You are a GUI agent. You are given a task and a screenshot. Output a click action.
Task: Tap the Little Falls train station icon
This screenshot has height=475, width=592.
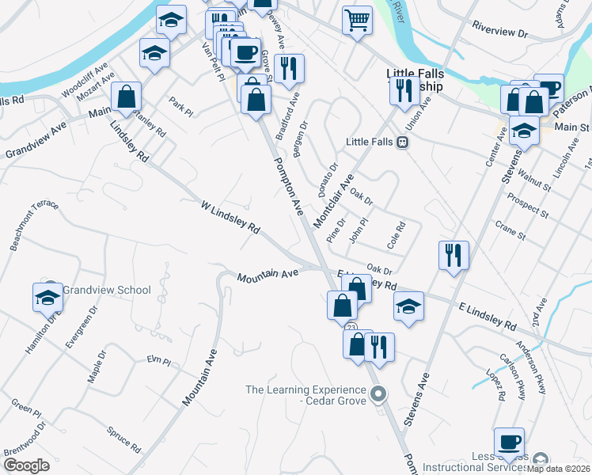point(402,142)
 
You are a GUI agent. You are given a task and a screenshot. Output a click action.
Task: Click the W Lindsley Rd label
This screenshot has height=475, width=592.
point(230,217)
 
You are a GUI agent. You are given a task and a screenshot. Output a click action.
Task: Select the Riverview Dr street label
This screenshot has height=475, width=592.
point(499,33)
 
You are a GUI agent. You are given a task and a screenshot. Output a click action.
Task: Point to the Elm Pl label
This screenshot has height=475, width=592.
point(159,361)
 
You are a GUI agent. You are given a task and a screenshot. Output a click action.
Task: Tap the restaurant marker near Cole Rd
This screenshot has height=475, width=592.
point(454,255)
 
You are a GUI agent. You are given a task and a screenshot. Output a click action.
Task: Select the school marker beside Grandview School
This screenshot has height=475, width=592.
point(47,297)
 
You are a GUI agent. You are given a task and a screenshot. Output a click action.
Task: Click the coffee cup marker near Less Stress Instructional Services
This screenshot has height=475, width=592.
point(509,442)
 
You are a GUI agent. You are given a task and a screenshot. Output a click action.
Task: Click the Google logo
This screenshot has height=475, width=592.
point(27,465)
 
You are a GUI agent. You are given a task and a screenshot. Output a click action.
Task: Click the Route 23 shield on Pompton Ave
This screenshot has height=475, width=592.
point(350,327)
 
